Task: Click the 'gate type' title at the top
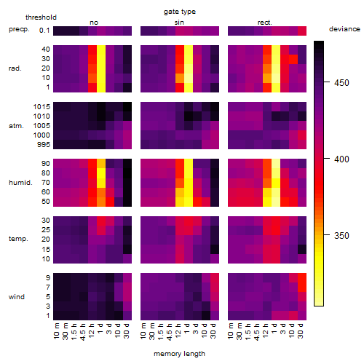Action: (x=180, y=12)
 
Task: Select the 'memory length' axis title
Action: (x=179, y=354)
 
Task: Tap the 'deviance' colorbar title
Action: (x=344, y=29)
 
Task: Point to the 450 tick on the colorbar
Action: (x=327, y=82)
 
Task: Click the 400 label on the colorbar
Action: (x=341, y=159)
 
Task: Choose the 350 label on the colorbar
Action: (x=341, y=236)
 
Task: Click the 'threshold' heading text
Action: (x=41, y=17)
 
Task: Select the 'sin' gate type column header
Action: (x=179, y=23)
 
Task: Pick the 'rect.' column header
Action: (x=265, y=23)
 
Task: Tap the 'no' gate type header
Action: (x=94, y=23)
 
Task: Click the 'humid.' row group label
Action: (x=20, y=183)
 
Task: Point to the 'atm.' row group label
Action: (x=16, y=126)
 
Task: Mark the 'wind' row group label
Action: (x=17, y=297)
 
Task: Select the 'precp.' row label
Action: (x=19, y=29)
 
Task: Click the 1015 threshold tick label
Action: (x=41, y=107)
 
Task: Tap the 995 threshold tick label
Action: (x=44, y=145)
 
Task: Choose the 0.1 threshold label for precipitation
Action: (x=44, y=31)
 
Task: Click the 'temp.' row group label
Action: (x=18, y=239)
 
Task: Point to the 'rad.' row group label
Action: (x=15, y=68)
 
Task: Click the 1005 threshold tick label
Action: (x=41, y=126)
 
